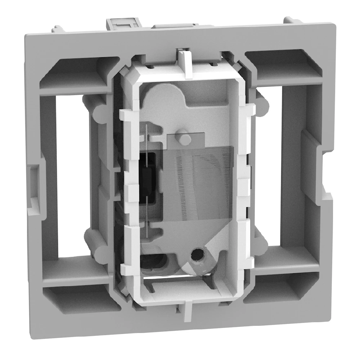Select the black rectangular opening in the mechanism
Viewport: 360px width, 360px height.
pos(147,176)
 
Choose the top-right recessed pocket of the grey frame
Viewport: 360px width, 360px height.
pos(284,67)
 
